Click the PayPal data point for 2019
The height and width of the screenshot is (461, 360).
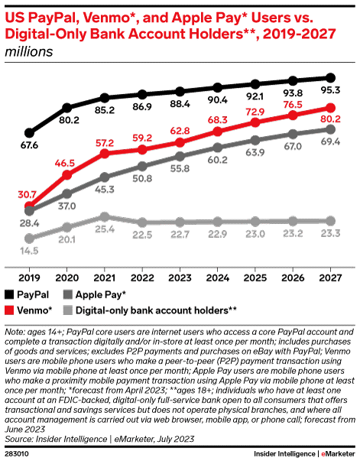click(29, 133)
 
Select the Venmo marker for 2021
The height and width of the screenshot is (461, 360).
click(105, 154)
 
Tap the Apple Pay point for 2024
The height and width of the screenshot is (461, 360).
click(218, 148)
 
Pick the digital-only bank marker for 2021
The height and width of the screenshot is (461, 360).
click(105, 217)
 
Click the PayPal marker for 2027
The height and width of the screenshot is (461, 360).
click(331, 78)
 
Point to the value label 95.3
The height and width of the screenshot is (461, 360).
click(331, 90)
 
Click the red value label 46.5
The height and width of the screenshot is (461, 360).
click(65, 163)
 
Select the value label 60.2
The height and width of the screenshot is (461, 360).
click(218, 160)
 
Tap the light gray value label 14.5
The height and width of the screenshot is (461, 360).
click(29, 251)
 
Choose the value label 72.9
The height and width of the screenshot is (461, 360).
click(255, 112)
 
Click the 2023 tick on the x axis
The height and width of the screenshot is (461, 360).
click(180, 270)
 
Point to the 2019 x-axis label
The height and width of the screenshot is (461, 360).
click(29, 278)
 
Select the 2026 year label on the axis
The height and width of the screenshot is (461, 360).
click(293, 278)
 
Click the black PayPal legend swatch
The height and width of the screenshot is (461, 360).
click(9, 294)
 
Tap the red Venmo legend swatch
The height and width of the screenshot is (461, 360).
click(9, 310)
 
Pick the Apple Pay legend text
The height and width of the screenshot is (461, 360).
click(101, 295)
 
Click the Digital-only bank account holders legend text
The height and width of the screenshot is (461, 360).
click(156, 310)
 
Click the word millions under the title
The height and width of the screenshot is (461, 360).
click(29, 52)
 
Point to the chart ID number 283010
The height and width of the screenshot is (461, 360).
click(17, 454)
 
